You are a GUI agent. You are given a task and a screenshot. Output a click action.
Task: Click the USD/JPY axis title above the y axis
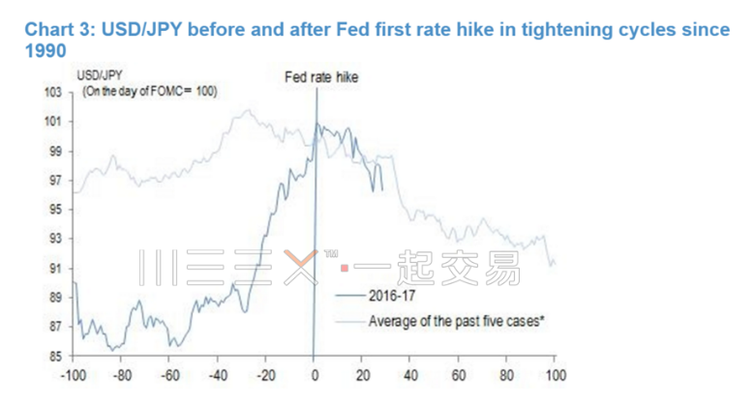pyautogui.click(x=98, y=74)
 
